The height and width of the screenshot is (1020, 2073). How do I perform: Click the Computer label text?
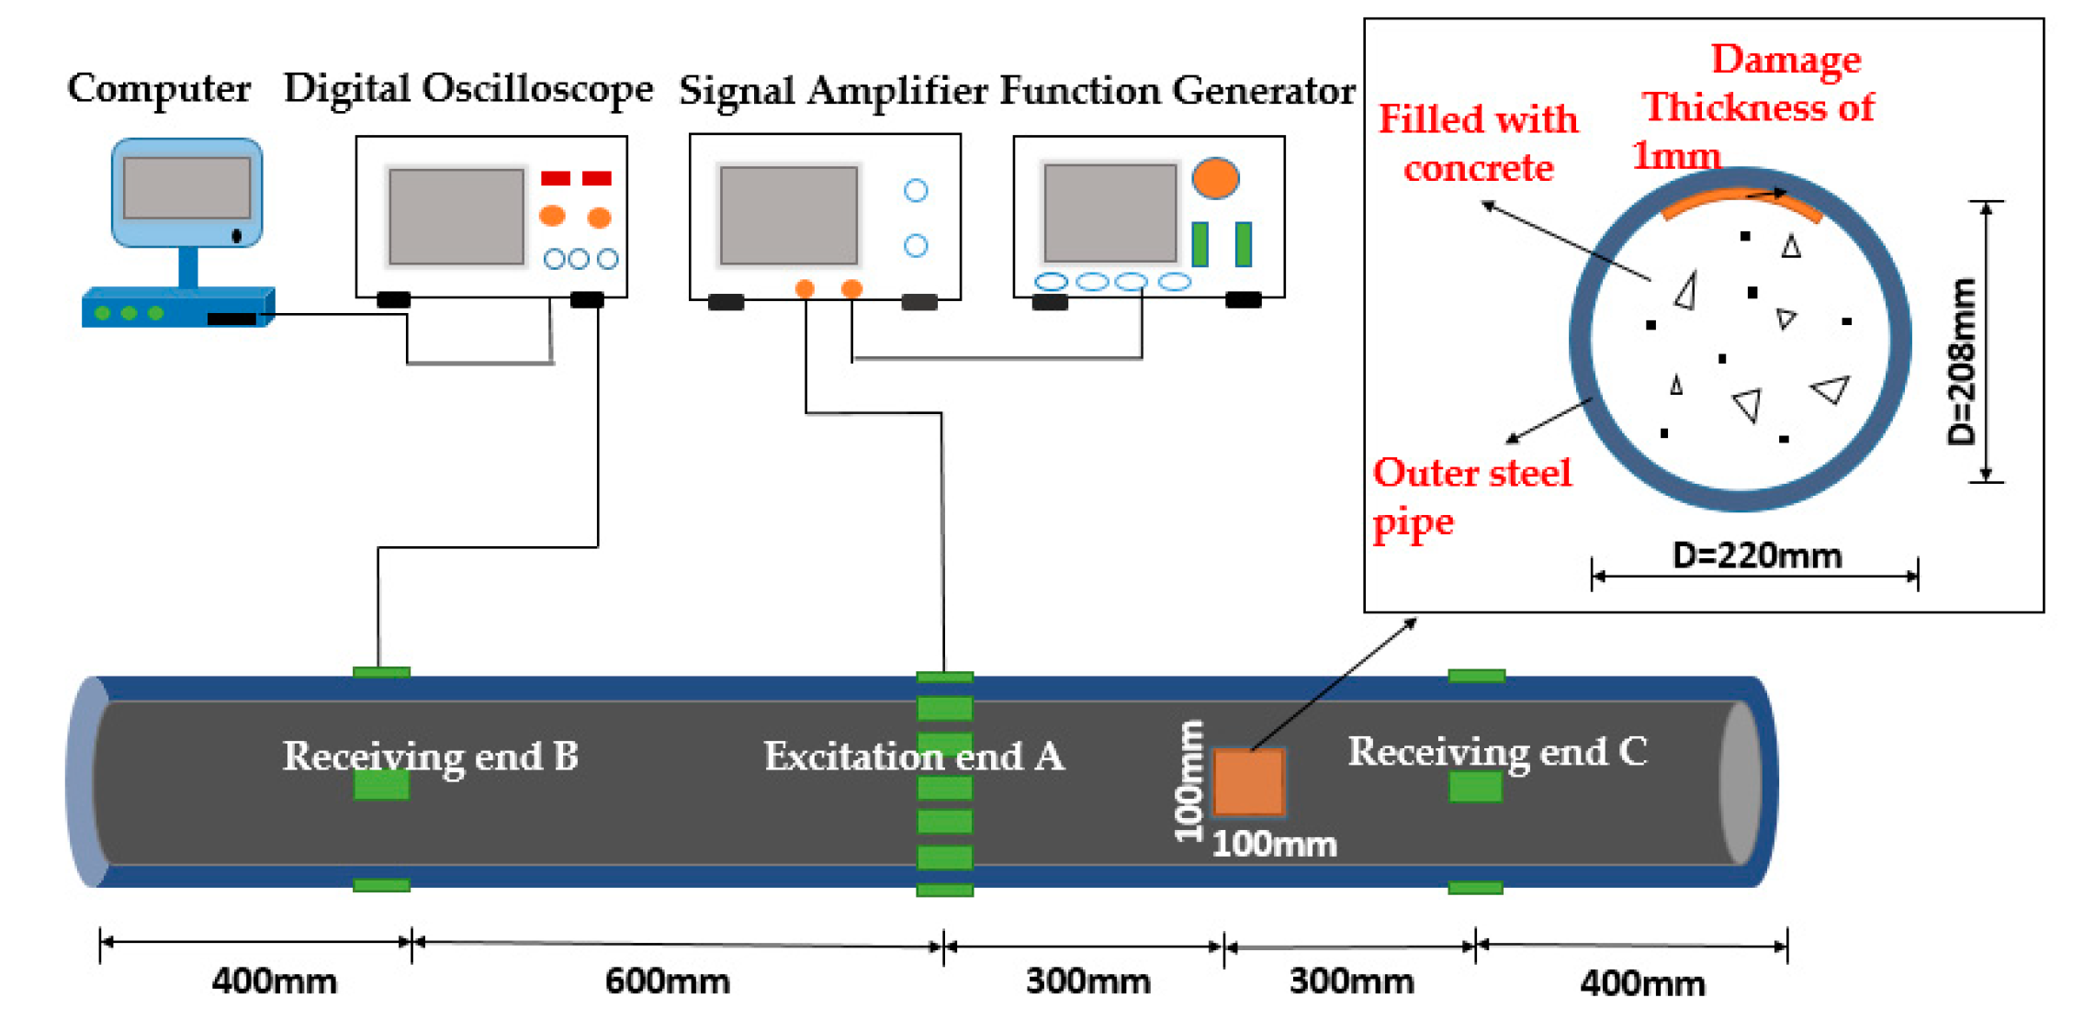click(158, 89)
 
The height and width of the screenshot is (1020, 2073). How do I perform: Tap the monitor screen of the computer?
click(187, 187)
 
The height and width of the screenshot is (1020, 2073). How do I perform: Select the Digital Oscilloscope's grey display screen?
click(456, 217)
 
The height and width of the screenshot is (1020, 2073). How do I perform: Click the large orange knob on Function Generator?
click(1214, 178)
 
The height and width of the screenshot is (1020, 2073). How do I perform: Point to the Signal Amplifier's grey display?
click(789, 216)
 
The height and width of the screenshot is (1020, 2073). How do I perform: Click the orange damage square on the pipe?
click(1248, 782)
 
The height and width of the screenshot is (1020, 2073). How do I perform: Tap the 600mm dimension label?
click(667, 981)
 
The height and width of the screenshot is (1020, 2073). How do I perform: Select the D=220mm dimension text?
click(1756, 556)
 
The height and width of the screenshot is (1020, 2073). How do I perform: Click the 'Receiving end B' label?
click(430, 757)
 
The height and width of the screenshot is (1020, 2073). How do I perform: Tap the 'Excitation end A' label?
click(914, 757)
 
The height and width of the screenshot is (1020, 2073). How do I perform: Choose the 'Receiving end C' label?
click(1497, 752)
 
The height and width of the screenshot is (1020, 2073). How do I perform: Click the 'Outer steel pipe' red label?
click(1470, 497)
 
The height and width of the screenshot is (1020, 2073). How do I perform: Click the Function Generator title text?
click(1177, 91)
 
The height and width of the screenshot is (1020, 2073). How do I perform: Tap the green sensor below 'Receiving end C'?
click(1475, 787)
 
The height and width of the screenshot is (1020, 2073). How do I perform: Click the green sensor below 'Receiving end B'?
click(381, 785)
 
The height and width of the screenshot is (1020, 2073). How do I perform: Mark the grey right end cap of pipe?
click(1740, 783)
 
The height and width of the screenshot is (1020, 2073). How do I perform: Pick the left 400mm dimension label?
click(274, 981)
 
